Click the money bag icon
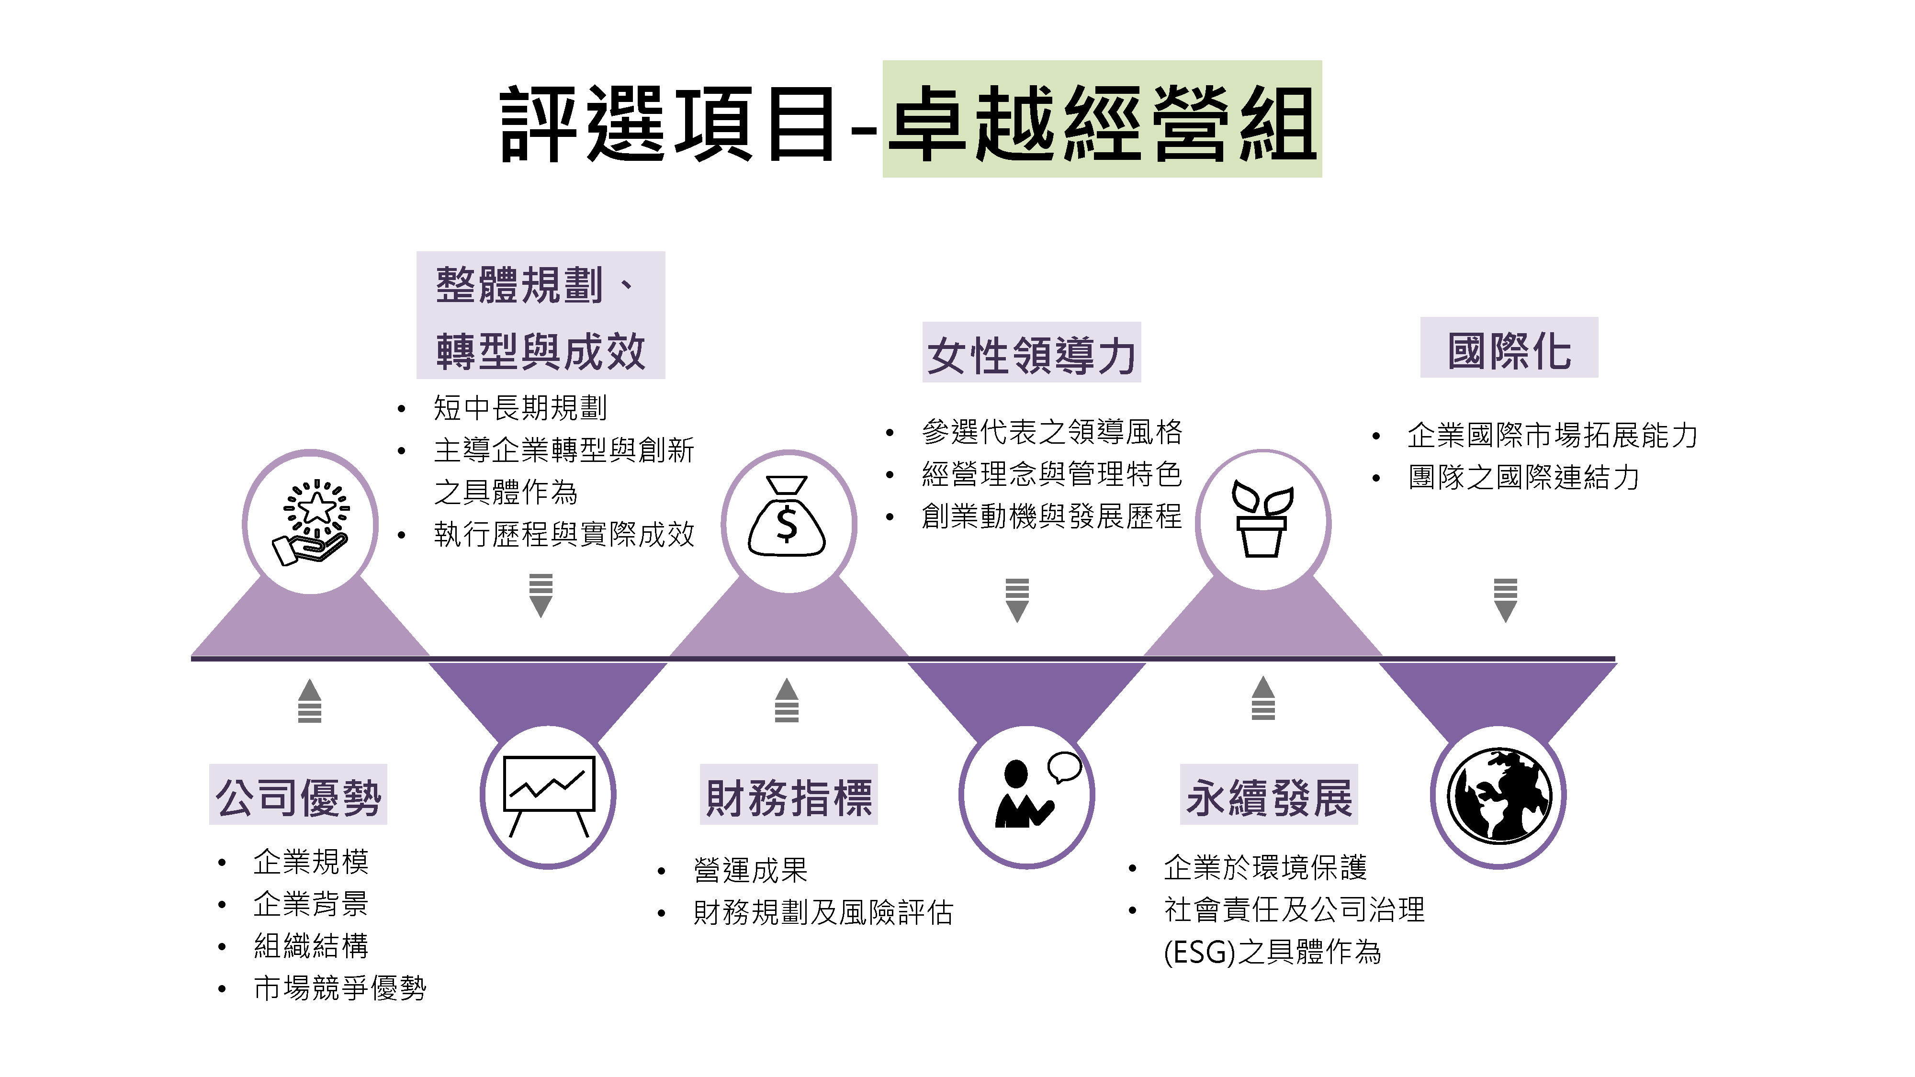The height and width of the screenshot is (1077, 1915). click(787, 516)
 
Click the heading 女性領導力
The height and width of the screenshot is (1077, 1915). click(1031, 355)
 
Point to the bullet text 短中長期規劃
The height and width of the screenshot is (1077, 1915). click(520, 407)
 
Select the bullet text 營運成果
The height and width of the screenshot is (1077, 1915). click(750, 870)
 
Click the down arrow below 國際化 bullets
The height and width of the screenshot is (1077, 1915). click(1505, 600)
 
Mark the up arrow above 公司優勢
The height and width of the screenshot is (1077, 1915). click(309, 700)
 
